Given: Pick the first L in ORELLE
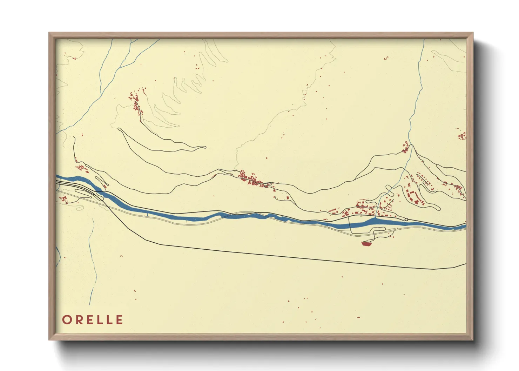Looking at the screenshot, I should point(99,320).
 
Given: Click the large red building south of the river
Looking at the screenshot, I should point(366,243).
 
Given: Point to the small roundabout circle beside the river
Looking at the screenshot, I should point(406,220).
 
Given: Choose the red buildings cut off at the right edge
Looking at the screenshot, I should point(462,136).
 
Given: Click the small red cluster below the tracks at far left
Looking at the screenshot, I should point(64,199).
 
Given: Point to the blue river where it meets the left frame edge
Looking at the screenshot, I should point(58,177).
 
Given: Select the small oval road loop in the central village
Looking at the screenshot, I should point(267,184).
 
